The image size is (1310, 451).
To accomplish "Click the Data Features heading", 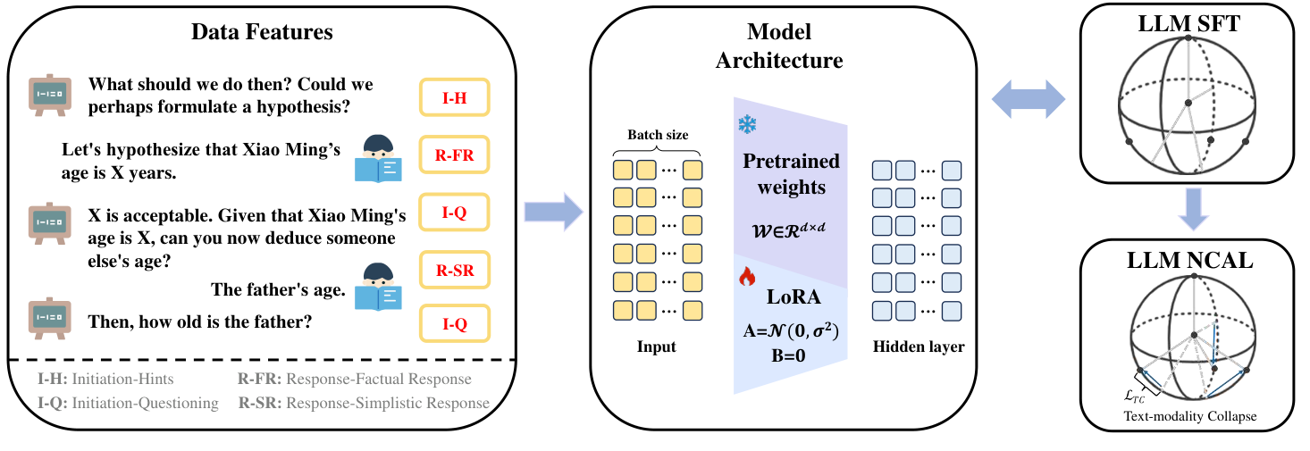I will click(x=262, y=32).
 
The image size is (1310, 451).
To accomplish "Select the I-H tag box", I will click(x=454, y=98).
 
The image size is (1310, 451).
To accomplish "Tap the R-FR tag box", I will click(x=454, y=157).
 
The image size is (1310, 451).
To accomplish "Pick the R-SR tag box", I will click(x=454, y=269).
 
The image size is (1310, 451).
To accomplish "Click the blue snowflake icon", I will click(x=747, y=125).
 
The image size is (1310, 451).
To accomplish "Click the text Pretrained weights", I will click(x=791, y=174).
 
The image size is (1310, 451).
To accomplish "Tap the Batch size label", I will click(x=657, y=135).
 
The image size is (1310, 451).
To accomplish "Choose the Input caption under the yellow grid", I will click(x=657, y=347).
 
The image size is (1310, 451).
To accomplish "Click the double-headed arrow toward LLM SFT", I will click(x=1029, y=95).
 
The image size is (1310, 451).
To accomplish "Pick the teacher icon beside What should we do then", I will click(x=50, y=94).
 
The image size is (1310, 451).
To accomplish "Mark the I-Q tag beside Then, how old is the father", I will click(x=454, y=324).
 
